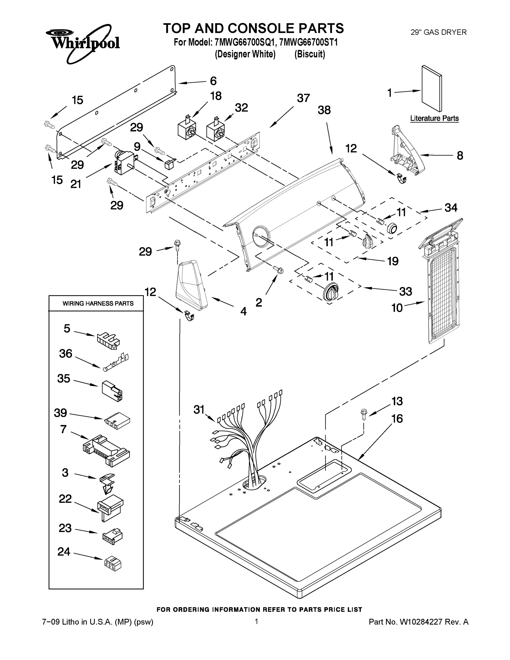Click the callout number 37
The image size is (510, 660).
click(303, 98)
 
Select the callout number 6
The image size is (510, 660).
click(213, 81)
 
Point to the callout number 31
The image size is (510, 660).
click(199, 410)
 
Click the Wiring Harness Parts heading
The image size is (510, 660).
click(98, 303)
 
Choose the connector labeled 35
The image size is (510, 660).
click(112, 391)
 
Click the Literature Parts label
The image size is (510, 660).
click(434, 119)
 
